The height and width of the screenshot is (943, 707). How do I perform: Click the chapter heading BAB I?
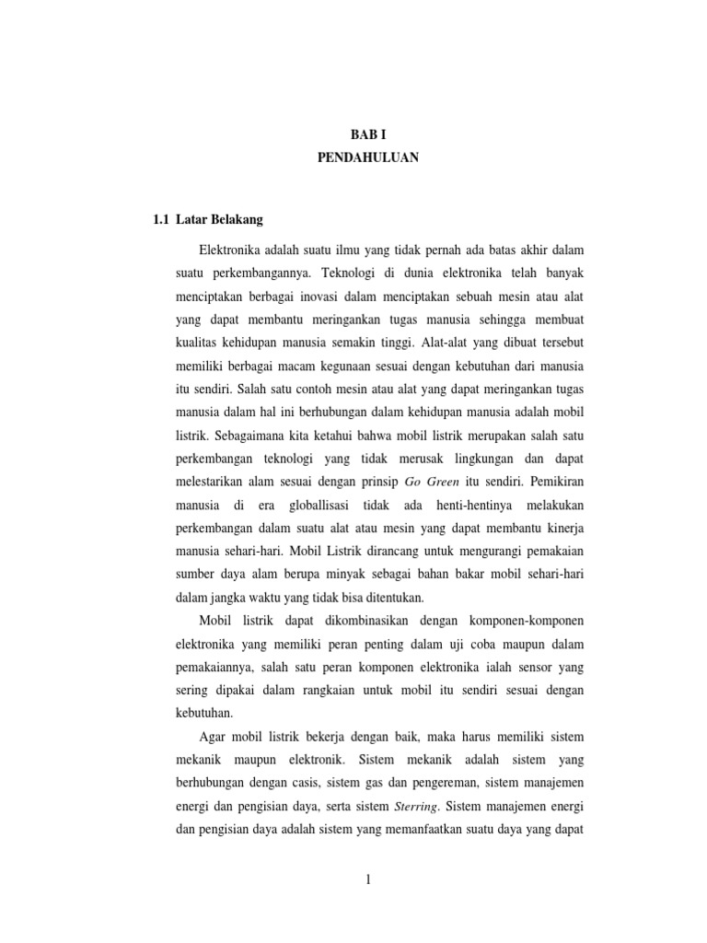point(367,134)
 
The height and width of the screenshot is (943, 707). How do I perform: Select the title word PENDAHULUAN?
point(367,158)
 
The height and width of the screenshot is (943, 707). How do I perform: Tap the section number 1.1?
point(160,219)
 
